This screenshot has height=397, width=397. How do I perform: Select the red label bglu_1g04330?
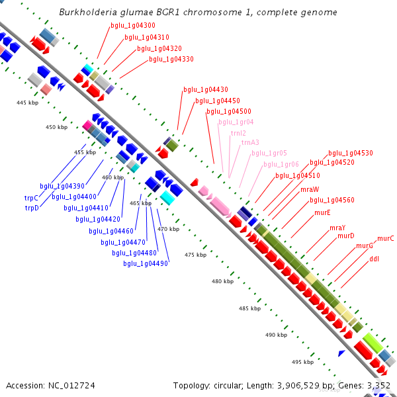(171, 60)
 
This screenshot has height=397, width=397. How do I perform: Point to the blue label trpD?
(32, 208)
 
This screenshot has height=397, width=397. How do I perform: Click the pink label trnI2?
(238, 133)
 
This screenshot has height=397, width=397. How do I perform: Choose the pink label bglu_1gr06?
(281, 164)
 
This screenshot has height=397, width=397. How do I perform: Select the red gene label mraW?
(310, 189)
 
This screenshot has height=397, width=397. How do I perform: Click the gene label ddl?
(374, 259)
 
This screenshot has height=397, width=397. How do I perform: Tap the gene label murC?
(386, 238)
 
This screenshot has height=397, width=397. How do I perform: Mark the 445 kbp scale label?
(28, 103)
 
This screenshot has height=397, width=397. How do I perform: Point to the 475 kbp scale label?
(195, 255)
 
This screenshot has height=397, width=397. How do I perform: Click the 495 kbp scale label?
(302, 362)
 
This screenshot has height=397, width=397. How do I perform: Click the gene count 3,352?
(378, 385)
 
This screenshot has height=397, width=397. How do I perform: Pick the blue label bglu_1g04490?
(146, 263)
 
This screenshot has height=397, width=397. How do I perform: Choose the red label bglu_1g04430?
(206, 89)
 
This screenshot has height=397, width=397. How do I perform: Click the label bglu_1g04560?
(332, 200)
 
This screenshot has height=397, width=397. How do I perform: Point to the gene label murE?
(322, 212)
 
